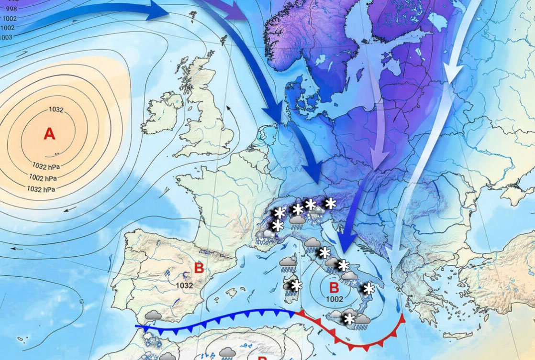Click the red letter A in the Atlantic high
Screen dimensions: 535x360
tap(49, 134)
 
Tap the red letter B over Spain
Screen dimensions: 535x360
tap(199, 268)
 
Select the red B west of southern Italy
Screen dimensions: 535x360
tap(334, 288)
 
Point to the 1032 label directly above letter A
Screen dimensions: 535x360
tap(56, 109)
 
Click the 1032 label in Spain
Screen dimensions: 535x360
tap(184, 285)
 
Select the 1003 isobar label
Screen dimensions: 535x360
tap(7, 37)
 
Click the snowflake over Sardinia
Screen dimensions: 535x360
tap(297, 286)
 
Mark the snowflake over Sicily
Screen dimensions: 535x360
tap(350, 319)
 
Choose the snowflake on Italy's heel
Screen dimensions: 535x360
tap(369, 289)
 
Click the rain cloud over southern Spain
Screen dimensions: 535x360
tap(153, 316)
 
